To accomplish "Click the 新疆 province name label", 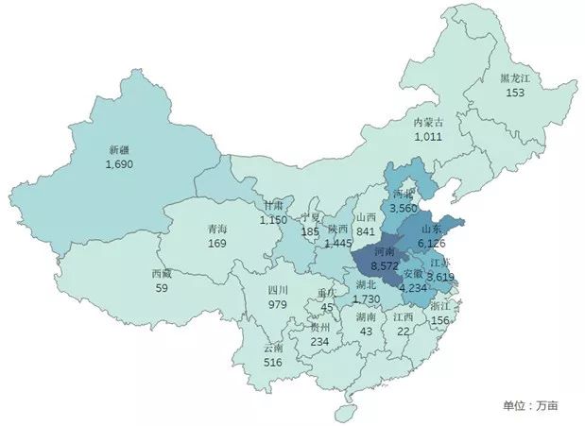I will point(120,149).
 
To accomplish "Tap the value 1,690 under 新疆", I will point(120,163).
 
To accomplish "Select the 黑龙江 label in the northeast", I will point(514,78).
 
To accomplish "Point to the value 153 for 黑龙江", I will point(514,93).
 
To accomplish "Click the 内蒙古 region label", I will point(429,122).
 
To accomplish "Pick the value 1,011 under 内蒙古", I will point(429,136).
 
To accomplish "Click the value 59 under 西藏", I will point(162,288).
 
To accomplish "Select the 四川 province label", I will point(277,290).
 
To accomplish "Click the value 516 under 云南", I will point(273,362).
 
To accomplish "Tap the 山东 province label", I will point(432,228).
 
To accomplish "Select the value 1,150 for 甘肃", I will point(274,219).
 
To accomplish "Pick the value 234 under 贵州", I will point(321,342).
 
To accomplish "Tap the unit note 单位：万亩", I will point(530,405).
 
